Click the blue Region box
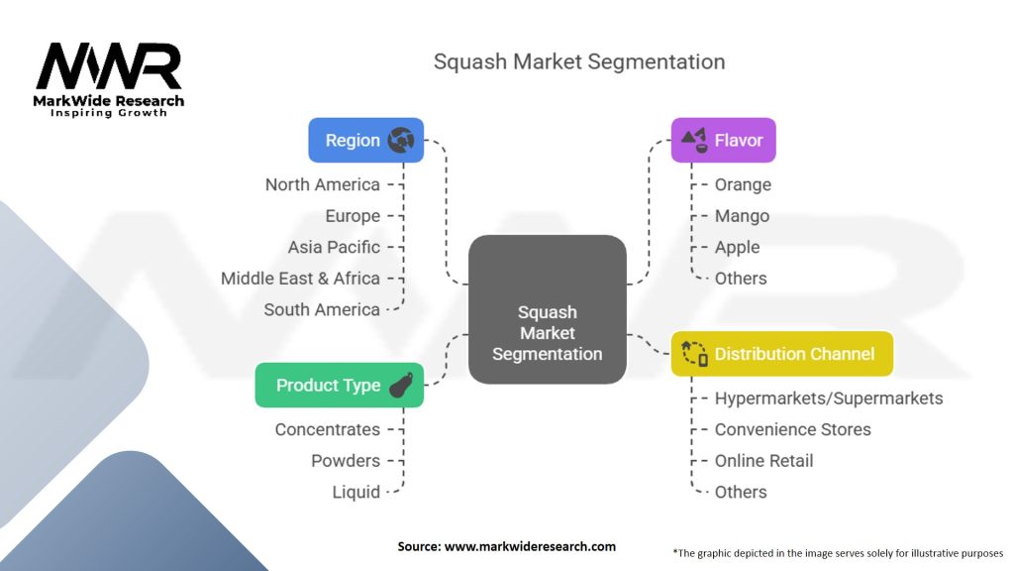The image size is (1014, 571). pos(366,140)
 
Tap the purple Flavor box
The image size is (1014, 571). pos(723,140)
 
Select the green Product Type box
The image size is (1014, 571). pos(340,386)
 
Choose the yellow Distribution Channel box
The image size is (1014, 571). pos(782,354)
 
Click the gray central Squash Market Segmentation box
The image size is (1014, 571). pos(547,309)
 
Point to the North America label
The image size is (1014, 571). pos(323,184)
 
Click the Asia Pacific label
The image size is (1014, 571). pos(334,247)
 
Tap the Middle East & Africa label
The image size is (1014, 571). pos(300,279)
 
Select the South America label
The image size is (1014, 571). pos(322,309)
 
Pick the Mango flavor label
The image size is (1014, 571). pos(742,215)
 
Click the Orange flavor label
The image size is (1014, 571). pos(743,185)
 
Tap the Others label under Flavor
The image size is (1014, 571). pos(741,279)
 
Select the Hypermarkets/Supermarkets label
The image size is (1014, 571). pos(829,399)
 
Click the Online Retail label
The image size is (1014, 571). pos(763,461)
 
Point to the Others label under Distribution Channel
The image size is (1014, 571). pos(741,492)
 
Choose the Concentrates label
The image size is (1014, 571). pos(327,429)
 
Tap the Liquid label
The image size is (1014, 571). pos(356,492)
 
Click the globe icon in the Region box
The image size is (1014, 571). pos(401,140)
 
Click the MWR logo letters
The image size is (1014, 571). pos(109,66)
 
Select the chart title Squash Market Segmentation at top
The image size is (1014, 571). pos(579,61)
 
